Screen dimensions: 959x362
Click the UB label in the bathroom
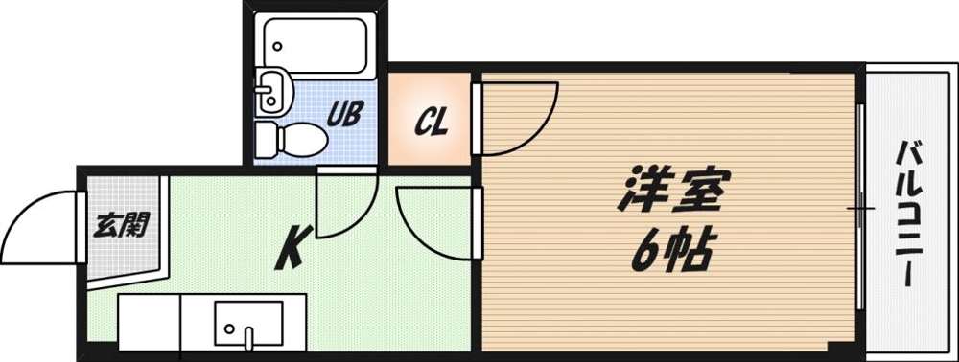(345, 114)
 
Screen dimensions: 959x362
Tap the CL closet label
(432, 122)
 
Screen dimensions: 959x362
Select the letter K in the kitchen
(293, 247)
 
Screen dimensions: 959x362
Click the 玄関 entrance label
(121, 226)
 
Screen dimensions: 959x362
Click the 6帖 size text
(671, 250)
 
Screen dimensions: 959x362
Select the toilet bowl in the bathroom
(302, 139)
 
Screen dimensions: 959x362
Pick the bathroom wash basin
(270, 92)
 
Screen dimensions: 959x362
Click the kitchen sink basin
(248, 324)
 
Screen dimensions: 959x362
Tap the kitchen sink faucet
(249, 339)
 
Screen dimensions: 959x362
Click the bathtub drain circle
(278, 46)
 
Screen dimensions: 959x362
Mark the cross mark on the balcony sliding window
(860, 209)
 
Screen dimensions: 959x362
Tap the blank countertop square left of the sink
(150, 323)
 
